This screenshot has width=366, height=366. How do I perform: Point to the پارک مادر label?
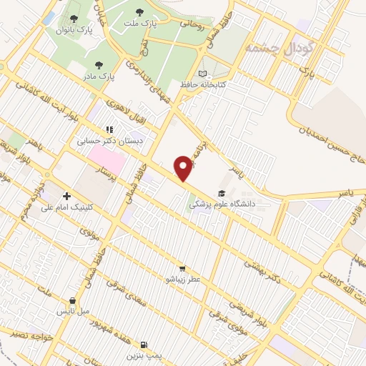[x=101, y=76]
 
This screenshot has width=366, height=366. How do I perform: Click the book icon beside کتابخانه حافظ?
[x=204, y=74]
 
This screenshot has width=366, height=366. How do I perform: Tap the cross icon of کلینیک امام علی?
[x=66, y=195]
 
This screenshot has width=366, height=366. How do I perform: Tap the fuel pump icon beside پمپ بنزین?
[x=145, y=344]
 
